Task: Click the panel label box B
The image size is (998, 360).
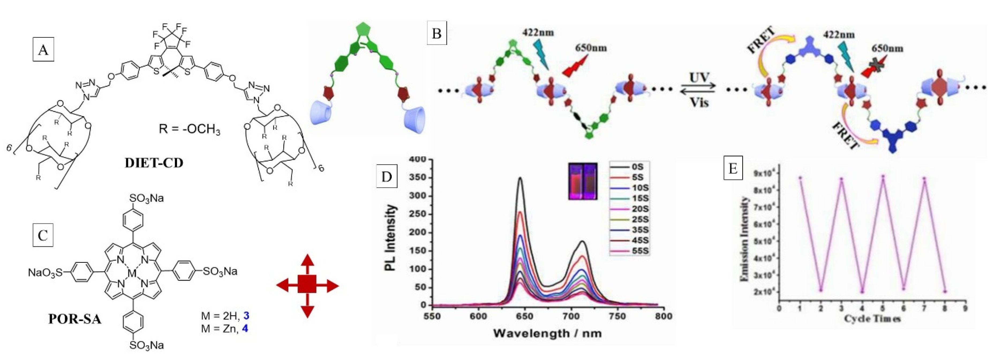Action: click(437, 34)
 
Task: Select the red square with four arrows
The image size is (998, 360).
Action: click(307, 286)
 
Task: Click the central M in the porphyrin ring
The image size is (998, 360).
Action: click(132, 274)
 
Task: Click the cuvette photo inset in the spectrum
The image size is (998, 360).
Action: click(583, 181)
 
